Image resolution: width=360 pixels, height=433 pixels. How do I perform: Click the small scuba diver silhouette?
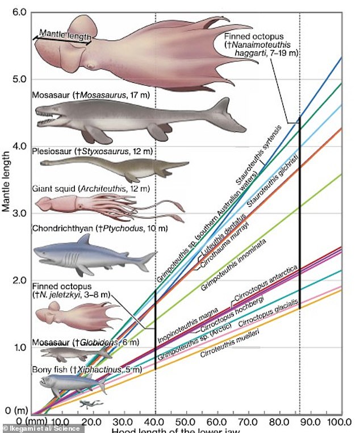[x=87, y=404]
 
